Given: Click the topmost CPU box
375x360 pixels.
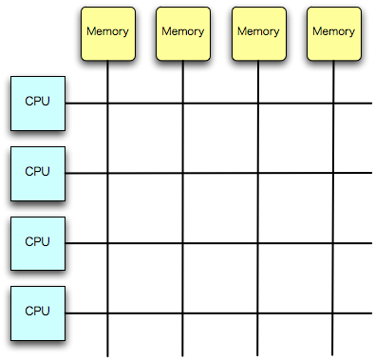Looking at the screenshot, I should point(37,103).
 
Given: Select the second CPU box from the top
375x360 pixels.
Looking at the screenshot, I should point(37,173).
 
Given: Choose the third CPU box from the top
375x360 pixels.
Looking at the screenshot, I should point(37,242).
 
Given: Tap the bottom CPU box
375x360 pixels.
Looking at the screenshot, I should point(37,312).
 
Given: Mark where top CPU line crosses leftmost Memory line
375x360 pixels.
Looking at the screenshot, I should point(107,103).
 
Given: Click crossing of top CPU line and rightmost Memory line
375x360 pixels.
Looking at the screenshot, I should point(333,103).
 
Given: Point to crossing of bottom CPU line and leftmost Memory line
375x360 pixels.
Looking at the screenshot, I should point(107,313).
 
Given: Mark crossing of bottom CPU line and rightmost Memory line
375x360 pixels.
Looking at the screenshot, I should point(333,313).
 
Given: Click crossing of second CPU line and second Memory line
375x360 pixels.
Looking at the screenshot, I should point(183,173).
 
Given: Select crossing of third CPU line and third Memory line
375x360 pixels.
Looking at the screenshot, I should point(258,242).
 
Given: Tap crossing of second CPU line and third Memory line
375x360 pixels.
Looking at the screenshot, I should point(258,173).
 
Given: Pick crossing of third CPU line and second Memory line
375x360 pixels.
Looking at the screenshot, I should point(183,242).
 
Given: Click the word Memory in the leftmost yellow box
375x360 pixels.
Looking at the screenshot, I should point(107,30).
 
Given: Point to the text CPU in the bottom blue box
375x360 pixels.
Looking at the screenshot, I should point(37,311).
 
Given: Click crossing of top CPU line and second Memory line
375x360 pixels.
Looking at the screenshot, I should point(183,103).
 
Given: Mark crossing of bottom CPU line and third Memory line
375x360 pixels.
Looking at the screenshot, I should point(258,313).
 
